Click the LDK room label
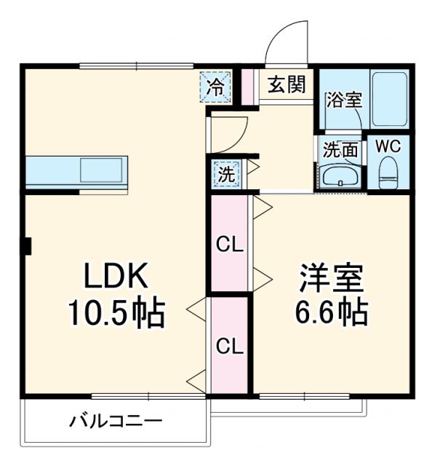coord(117,277)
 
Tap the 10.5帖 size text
coord(117,313)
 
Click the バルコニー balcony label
coord(116,421)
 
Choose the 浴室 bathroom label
coord(343,100)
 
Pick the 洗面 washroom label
coord(340,149)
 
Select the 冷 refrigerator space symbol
coord(216,87)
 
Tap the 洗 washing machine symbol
coord(225,174)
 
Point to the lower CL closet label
coord(228,344)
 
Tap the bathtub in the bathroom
coord(389,99)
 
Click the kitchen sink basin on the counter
coord(103,170)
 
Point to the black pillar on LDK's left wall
coord(27,246)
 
